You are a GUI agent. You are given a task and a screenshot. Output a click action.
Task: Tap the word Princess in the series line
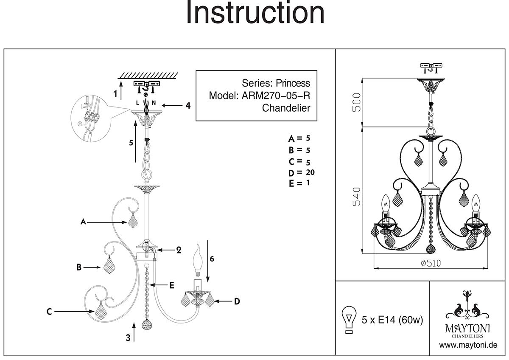tap(294, 83)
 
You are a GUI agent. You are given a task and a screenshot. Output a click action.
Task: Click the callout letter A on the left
tap(84, 222)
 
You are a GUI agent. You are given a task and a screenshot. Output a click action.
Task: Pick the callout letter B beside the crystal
tap(78, 267)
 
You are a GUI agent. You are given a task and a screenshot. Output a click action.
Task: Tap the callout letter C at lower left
tap(49, 312)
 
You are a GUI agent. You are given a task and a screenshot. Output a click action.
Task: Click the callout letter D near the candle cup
tap(237, 301)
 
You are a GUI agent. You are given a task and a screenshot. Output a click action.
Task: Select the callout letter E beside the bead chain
tap(171, 286)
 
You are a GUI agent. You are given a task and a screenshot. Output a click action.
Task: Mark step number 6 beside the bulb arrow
tap(212, 259)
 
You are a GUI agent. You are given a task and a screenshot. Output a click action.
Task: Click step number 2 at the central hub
tap(179, 250)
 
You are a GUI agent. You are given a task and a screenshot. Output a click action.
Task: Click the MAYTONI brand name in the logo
tap(467, 328)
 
